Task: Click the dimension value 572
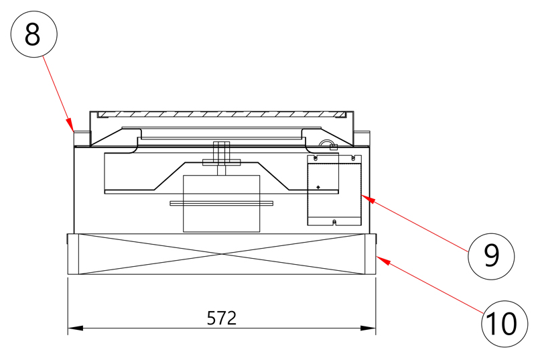[x=222, y=318]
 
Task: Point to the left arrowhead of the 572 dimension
[x=75, y=328]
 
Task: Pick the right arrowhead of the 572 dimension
[x=368, y=328]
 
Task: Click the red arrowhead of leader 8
[x=70, y=125]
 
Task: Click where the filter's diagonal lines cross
[x=222, y=254]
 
